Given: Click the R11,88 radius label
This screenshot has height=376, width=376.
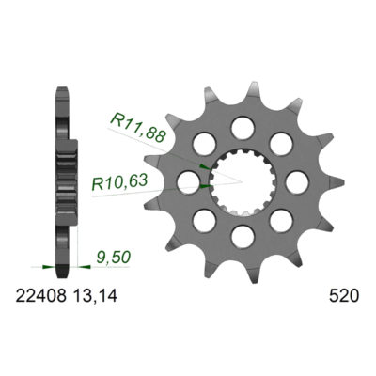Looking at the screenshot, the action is tap(138, 127).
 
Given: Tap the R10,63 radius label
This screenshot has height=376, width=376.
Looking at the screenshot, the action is tap(119, 182).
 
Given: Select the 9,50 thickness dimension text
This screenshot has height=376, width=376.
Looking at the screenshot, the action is tap(113, 258).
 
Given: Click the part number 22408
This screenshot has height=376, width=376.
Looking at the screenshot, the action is tap(41, 296).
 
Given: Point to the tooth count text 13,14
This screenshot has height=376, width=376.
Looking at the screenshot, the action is tap(95, 296).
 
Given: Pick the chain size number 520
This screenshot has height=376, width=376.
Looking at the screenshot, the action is tap(343, 296).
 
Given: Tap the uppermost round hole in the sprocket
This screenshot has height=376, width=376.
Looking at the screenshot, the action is tap(243, 128).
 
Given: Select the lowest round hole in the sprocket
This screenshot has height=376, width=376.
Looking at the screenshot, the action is tap(243, 237).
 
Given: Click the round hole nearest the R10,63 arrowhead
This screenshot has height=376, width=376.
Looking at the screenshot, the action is tap(189, 182).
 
